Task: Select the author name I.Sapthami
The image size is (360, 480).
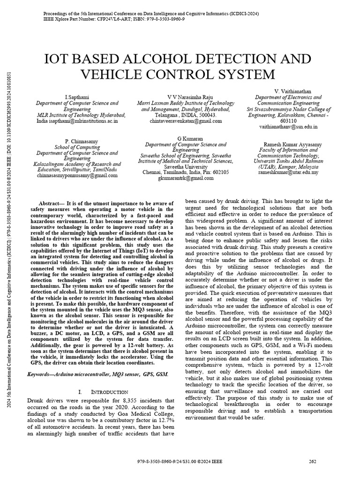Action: point(77,96)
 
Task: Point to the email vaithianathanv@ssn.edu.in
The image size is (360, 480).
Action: point(288,127)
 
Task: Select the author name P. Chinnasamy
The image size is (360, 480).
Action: point(77,141)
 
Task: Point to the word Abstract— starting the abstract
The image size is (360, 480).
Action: point(53,202)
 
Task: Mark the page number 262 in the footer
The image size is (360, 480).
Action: point(313,461)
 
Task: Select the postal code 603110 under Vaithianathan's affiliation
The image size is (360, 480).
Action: point(288,120)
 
